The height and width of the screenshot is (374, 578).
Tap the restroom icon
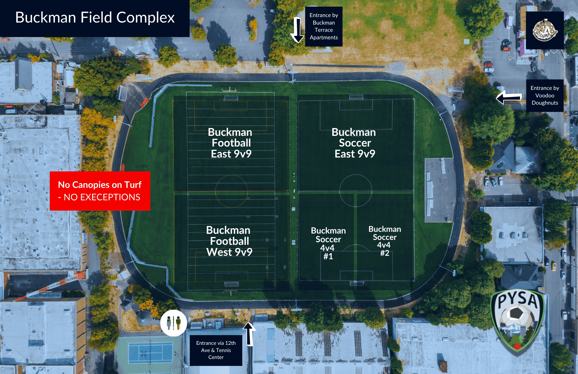pos(173,323)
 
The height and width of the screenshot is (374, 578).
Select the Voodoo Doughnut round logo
pos(545,30)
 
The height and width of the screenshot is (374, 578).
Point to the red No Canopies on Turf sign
pos(100,191)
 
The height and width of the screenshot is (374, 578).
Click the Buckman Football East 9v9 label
pos(231,143)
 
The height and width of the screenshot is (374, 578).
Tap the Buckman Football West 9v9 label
pos(229,241)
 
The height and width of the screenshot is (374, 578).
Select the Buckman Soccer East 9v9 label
pos(354,143)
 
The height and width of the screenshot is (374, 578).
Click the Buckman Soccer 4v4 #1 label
pos(328,243)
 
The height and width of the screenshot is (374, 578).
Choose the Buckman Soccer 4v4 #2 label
pos(385,241)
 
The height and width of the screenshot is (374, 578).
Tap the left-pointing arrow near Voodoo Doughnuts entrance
pos(509,97)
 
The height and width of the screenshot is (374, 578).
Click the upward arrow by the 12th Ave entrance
pos(249,334)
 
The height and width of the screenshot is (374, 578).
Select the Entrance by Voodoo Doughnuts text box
pos(545,95)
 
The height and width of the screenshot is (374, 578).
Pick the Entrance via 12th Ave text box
pos(216,350)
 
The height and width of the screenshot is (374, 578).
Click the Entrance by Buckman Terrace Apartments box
pos(324,27)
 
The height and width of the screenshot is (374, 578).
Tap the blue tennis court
pos(150,353)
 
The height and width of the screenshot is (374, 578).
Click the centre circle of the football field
pos(231,191)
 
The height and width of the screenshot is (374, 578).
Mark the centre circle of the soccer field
pos(355,190)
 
